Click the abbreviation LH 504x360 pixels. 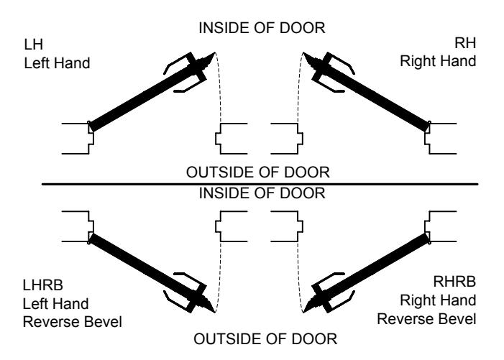pos(33,45)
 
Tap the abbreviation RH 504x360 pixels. pos(464,43)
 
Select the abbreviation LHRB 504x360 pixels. pos(42,285)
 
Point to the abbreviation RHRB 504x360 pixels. pos(454,282)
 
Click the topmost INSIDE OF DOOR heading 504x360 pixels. pos(262,28)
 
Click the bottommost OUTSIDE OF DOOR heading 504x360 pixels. pos(265,339)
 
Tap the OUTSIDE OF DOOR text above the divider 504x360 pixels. pos(258,172)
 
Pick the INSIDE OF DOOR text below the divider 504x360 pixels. pos(262,193)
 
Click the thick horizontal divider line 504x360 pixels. pos(260,185)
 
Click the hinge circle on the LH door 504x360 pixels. pos(89,122)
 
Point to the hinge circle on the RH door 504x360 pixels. pos(429,122)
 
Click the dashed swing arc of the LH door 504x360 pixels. pos(219,87)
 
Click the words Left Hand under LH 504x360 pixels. pos(57,63)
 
